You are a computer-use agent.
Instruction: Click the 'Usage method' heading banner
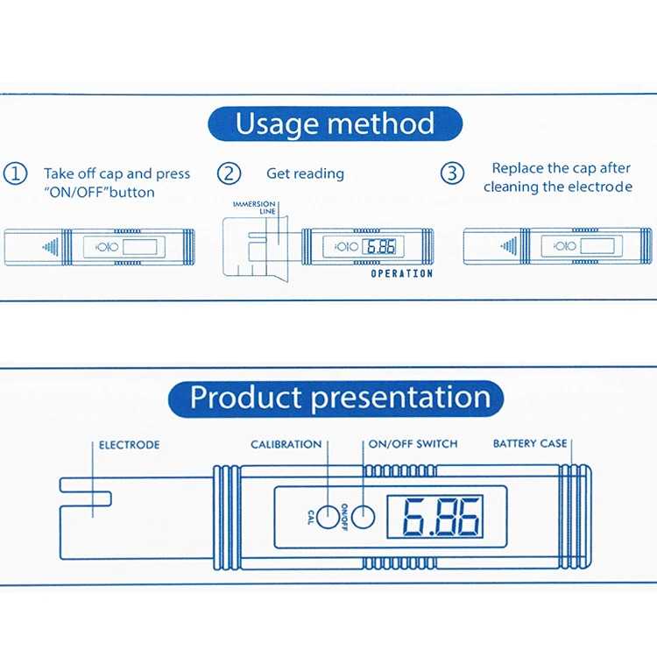336,124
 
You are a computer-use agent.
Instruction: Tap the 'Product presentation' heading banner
336,399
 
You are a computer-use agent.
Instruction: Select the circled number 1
15,173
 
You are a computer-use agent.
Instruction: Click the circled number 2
229,173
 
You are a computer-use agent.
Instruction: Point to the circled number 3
452,173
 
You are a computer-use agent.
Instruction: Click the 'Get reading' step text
305,173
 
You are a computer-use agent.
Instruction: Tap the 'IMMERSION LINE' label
255,208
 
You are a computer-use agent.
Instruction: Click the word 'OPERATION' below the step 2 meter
402,273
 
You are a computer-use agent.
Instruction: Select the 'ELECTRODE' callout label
129,445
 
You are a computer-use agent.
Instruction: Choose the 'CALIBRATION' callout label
286,444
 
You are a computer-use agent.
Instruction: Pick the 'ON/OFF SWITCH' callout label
413,444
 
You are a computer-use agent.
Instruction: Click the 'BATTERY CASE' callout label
530,443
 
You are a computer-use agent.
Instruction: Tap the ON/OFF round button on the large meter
363,517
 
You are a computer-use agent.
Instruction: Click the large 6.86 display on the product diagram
434,517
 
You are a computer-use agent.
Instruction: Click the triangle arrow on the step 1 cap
51,247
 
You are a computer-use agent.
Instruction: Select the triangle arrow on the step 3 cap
509,246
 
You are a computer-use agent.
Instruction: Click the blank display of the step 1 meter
140,247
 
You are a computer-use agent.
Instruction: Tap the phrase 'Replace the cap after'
561,168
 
